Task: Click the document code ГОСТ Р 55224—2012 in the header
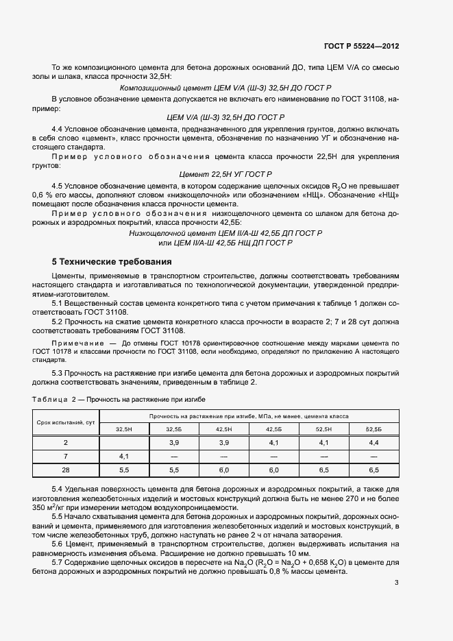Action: click(361, 45)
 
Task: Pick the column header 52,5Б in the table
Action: click(374, 428)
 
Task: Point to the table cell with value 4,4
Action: click(374, 442)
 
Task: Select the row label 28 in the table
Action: click(66, 470)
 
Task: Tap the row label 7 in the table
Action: click(66, 456)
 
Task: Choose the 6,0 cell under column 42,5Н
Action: click(224, 470)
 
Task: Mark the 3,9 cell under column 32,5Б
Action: click(174, 442)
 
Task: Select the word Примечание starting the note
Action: click(73, 341)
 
